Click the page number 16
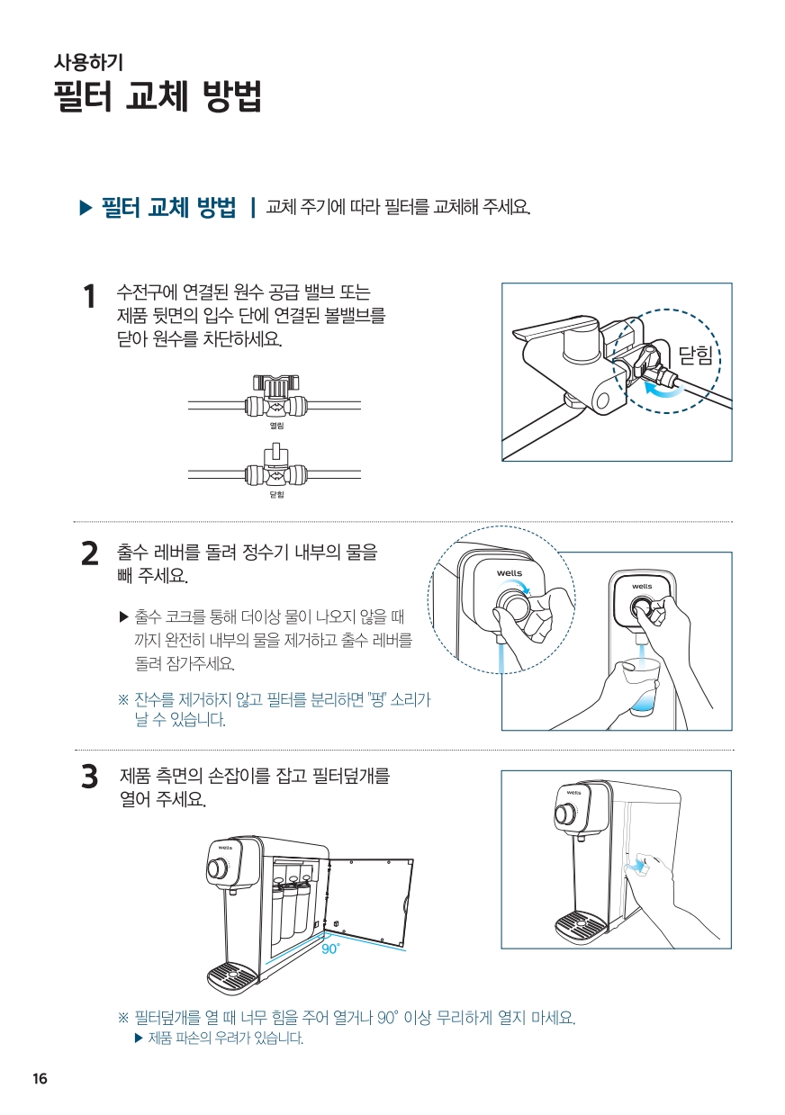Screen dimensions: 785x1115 tap(40, 1079)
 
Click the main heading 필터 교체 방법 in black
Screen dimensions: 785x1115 tap(158, 95)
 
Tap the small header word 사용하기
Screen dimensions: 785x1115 tap(88, 62)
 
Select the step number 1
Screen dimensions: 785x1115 tap(89, 297)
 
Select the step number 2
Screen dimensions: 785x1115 tap(90, 554)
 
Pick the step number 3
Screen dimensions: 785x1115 tap(90, 777)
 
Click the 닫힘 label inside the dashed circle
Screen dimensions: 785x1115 tap(696, 355)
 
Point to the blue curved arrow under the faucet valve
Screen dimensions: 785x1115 tap(663, 391)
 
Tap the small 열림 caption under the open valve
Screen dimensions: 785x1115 tap(276, 426)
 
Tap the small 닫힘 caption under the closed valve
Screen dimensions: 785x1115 tap(276, 494)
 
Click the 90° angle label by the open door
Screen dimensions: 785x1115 tap(330, 949)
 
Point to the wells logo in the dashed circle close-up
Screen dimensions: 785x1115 tap(509, 573)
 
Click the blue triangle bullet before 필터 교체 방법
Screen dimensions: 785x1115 tap(86, 208)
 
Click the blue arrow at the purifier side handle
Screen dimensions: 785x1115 tap(636, 868)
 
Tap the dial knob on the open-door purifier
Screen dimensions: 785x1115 tap(217, 868)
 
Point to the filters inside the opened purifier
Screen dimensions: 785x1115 tap(291, 901)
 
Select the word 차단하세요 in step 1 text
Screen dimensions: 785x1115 tap(242, 339)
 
